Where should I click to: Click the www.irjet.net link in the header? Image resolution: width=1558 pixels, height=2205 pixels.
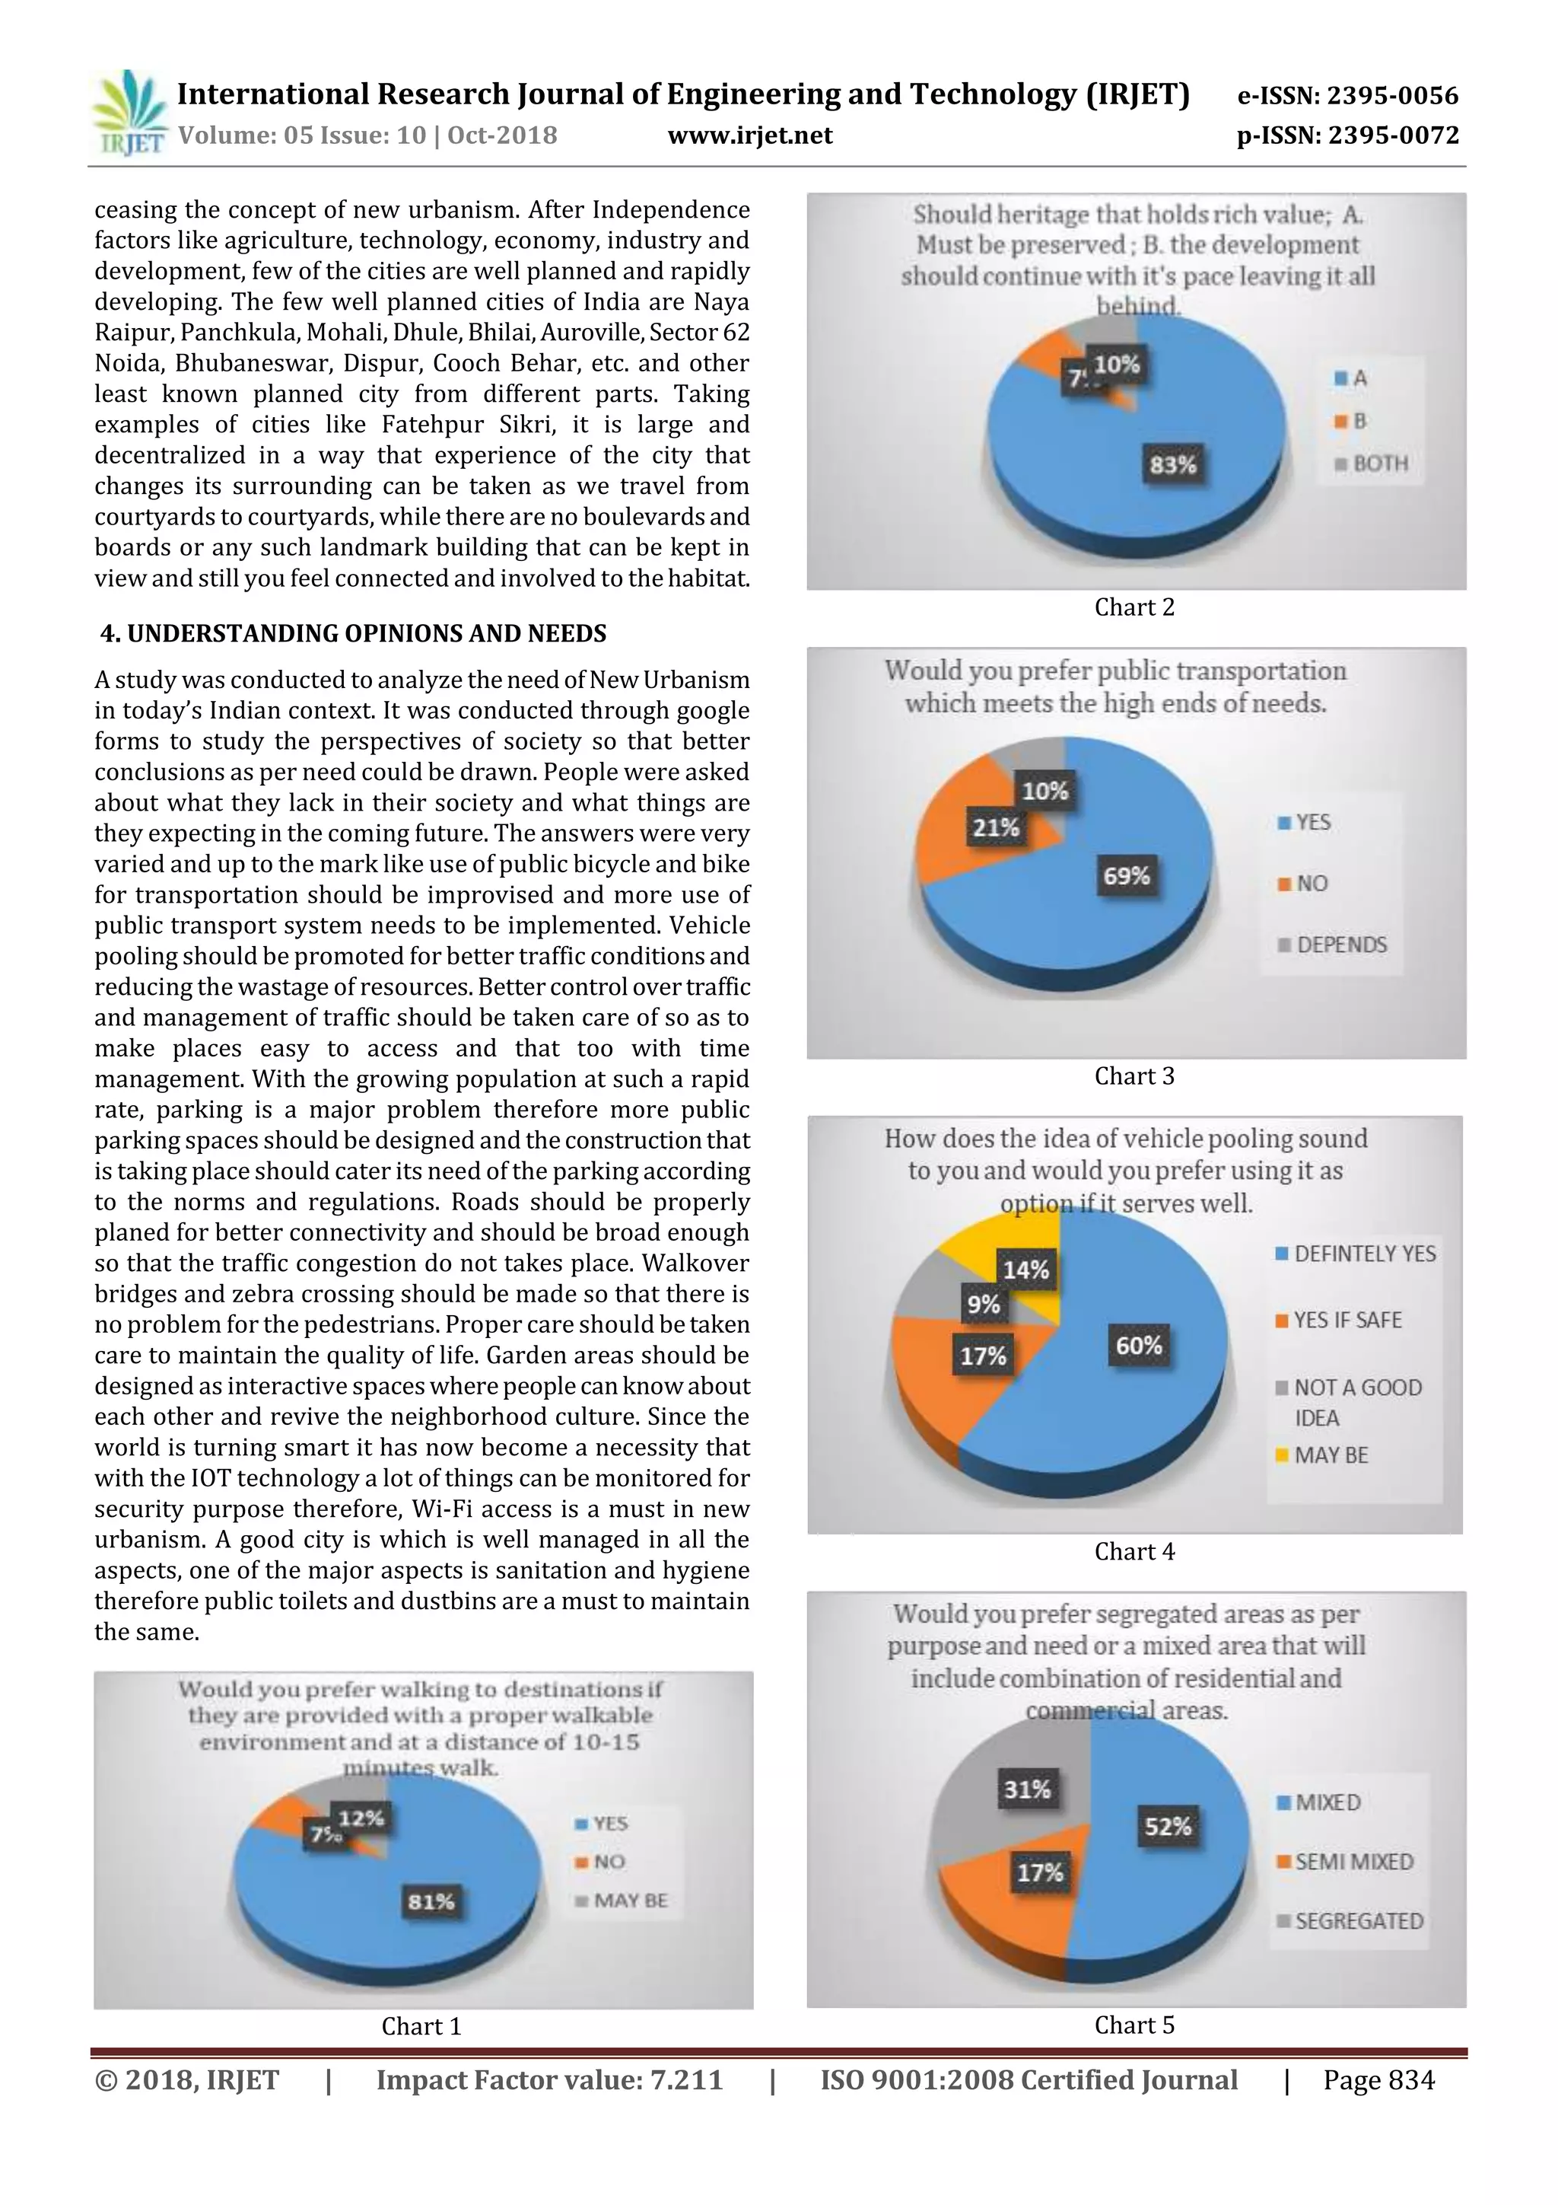750,135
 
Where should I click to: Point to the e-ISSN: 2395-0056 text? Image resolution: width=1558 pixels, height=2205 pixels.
1347,95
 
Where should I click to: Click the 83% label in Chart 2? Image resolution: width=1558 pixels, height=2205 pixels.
1173,465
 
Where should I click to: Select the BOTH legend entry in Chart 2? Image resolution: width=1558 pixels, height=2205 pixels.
1372,464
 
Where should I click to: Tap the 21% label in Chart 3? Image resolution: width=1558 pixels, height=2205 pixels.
996,827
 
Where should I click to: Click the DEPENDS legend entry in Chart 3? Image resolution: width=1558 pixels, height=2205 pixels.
1332,945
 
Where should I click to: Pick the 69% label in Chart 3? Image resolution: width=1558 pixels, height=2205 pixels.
1126,876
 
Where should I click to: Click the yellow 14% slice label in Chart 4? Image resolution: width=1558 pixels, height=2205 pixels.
1025,1270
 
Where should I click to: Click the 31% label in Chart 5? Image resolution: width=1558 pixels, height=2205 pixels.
1027,1789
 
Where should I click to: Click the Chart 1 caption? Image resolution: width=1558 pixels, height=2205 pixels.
421,2025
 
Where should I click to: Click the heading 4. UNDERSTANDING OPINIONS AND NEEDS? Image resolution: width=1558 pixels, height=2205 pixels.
353,634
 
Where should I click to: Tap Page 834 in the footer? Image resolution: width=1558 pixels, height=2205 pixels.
1378,2080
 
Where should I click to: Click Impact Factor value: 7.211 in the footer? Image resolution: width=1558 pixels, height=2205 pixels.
549,2080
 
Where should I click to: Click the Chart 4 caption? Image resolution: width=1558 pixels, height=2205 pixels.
1134,1551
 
